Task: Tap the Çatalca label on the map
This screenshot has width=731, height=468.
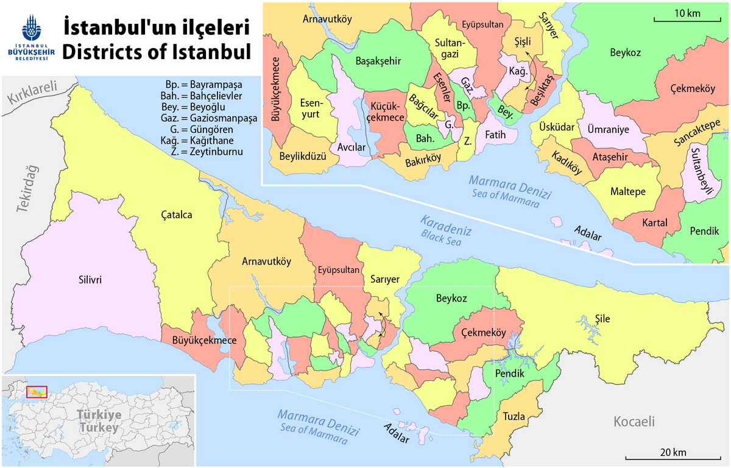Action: point(177,214)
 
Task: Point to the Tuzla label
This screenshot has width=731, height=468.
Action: point(514,417)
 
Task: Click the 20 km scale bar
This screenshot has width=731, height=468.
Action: point(672,454)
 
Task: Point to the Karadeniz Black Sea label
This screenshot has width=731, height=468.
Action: point(444,227)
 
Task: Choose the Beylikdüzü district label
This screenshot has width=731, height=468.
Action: point(300,155)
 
